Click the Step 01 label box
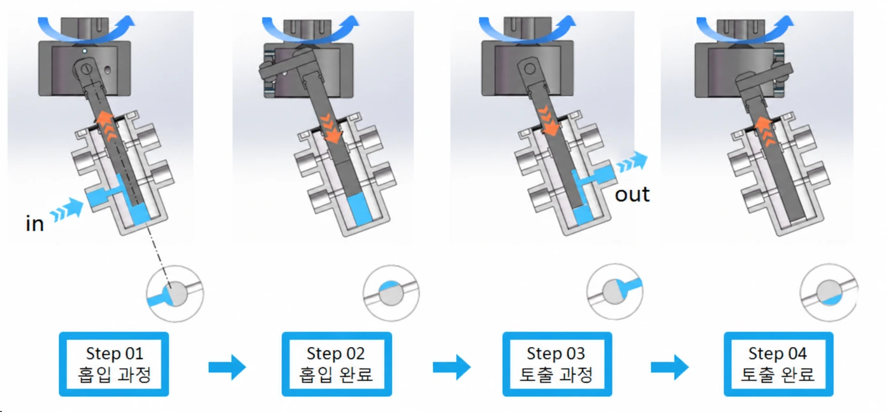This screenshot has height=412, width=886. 114,364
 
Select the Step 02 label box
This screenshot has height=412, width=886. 337,364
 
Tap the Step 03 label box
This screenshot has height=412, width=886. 557,364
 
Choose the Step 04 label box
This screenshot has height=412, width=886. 778,364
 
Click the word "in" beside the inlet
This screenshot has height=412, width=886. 34,224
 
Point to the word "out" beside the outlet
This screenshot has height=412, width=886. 632,195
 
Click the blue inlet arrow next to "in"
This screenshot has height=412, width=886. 67,210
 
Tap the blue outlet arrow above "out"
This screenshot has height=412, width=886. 632,162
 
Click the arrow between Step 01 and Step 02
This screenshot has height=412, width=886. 227,367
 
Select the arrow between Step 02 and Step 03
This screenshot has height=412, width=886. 451,367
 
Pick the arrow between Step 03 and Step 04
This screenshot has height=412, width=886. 670,367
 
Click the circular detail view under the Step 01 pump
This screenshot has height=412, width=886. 175,293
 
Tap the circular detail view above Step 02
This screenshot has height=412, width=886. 391,293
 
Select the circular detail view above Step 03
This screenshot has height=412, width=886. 614,291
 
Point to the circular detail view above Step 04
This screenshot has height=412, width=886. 829,293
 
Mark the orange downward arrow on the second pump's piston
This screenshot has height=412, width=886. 331,129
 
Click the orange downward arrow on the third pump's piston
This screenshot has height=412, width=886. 548,121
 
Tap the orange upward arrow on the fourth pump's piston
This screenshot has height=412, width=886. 764,132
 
